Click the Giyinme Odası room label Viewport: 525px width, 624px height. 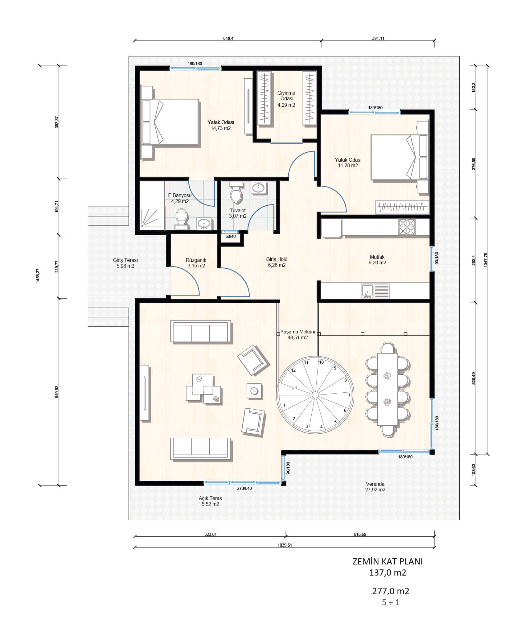pos(286,96)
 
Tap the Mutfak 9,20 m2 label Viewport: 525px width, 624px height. pos(377,260)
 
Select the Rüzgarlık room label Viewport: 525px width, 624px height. pos(196,260)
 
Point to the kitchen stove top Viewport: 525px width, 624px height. pos(407,227)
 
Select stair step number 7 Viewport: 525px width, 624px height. pos(349,395)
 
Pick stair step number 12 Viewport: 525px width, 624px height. pos(293,370)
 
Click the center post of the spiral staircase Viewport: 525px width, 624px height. pos(315,395)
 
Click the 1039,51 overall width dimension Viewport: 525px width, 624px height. pos(285,545)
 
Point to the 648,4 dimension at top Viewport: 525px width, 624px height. pos(228,38)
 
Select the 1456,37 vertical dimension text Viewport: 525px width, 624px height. pos(38,275)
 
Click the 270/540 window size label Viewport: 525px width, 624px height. pos(244,488)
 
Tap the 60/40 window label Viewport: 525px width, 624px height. pos(231,236)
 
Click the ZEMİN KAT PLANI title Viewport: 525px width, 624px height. pos(388,561)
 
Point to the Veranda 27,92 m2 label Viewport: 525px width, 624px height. pos(375,487)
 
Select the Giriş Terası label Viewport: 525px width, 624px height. pos(125,260)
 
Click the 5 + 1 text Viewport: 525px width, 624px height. pos(391,602)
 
